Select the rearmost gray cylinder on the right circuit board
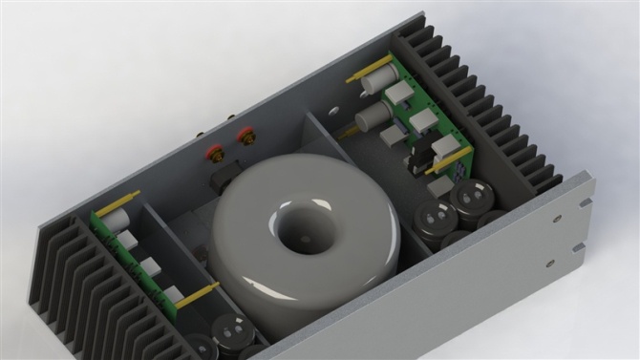pos(378,77)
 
